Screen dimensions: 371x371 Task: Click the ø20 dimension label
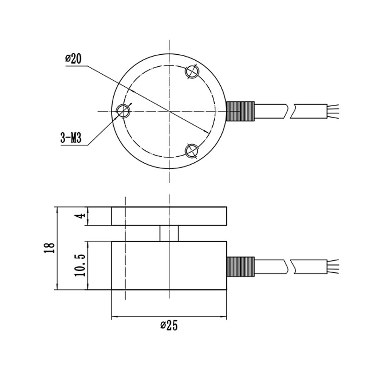74,59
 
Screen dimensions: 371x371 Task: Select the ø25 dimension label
169,325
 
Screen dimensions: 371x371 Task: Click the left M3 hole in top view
123,111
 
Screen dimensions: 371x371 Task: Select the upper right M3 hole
192,71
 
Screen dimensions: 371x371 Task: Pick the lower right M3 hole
192,151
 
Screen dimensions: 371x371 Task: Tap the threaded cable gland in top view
240,111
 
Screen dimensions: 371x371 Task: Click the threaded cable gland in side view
240,266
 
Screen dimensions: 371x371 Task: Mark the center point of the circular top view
169,111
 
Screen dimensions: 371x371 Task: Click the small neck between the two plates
169,233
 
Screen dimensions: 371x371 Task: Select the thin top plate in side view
169,216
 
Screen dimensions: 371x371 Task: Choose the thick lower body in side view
169,265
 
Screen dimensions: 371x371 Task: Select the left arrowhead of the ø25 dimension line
115,318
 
